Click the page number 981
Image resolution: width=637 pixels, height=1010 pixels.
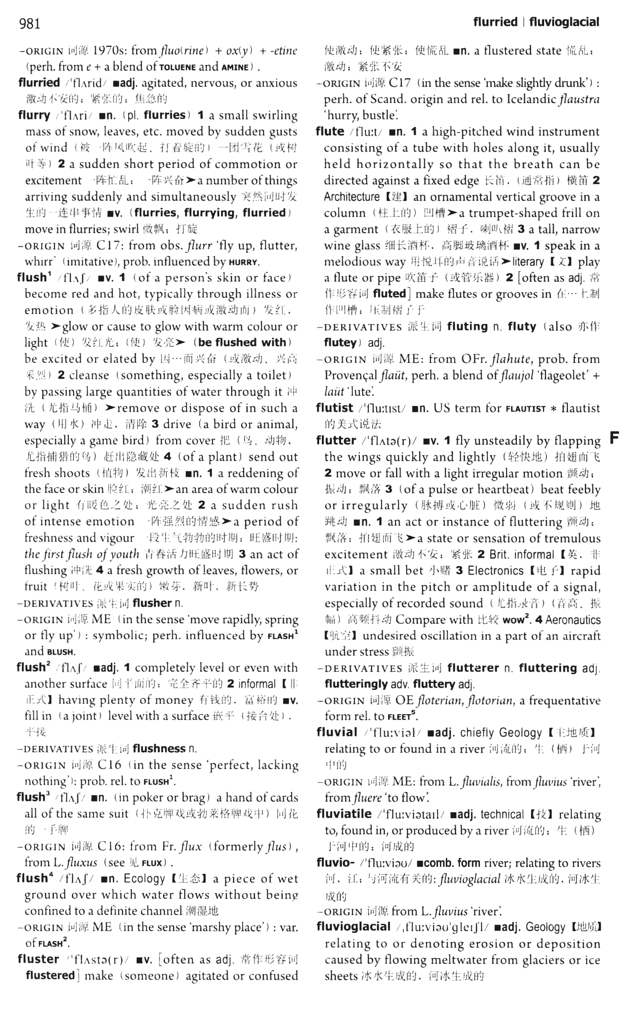(x=29, y=23)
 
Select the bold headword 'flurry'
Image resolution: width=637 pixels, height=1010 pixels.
(x=34, y=115)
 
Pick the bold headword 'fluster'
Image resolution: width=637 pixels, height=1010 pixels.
(x=38, y=959)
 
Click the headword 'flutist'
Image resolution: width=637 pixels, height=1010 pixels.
(x=335, y=408)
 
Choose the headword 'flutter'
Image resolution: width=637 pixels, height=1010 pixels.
(x=336, y=440)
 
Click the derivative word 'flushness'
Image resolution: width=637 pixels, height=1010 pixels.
(x=159, y=748)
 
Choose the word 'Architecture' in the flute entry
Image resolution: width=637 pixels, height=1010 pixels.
(x=351, y=197)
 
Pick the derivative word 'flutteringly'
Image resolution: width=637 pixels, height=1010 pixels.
(x=356, y=684)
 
